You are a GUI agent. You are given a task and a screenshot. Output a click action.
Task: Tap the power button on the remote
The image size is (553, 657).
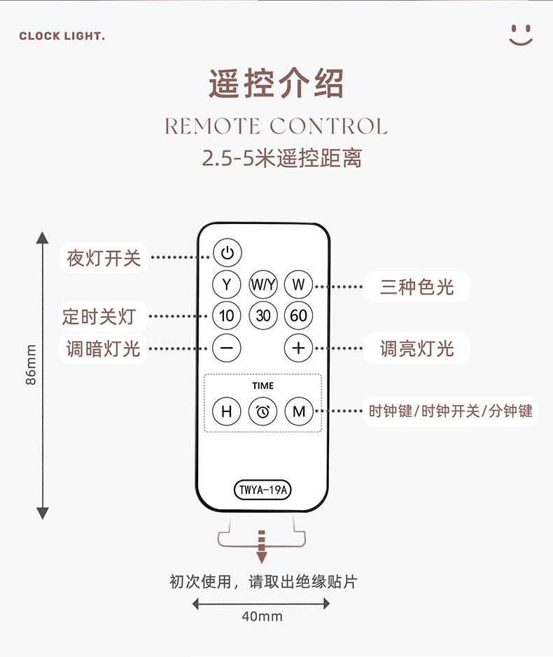point(227,253)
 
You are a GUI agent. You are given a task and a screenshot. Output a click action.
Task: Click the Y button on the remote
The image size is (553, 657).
point(226,285)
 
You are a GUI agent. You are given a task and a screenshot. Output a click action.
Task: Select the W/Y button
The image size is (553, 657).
point(263,285)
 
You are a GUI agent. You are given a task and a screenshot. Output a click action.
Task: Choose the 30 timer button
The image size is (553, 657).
point(263,316)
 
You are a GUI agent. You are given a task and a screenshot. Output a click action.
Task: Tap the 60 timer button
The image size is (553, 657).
point(298,316)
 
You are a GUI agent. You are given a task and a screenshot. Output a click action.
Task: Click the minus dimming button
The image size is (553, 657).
point(226,348)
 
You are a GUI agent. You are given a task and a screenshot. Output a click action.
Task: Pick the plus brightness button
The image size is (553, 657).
point(298,348)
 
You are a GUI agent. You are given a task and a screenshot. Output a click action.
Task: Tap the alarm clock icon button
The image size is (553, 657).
point(263,411)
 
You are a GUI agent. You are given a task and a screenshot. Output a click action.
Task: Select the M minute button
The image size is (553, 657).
point(299,411)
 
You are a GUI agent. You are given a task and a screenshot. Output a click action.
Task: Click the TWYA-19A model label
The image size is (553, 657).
point(262,490)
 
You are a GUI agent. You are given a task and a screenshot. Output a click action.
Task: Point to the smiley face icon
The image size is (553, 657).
point(521,35)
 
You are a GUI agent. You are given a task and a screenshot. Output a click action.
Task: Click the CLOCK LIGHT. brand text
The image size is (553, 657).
point(62,36)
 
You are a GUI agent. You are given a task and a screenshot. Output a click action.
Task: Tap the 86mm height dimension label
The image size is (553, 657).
point(31,365)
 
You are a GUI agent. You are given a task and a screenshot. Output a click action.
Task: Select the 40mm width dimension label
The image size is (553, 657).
point(262,616)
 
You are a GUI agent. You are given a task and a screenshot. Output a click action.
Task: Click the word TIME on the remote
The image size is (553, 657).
point(263,386)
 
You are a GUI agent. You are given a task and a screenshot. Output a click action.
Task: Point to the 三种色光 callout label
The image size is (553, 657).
point(416,287)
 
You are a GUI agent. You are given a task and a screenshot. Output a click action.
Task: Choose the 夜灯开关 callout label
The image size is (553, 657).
point(104,257)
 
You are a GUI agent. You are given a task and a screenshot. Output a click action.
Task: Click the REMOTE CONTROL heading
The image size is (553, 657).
point(276,126)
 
